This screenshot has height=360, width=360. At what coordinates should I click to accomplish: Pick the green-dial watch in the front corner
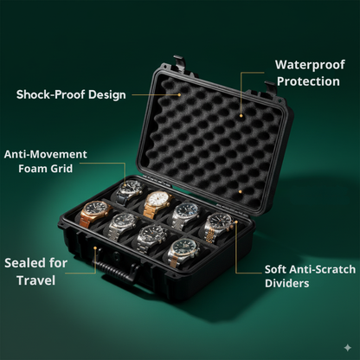pos(181,249)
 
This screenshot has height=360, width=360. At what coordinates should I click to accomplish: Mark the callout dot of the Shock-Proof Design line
pos(180,94)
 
